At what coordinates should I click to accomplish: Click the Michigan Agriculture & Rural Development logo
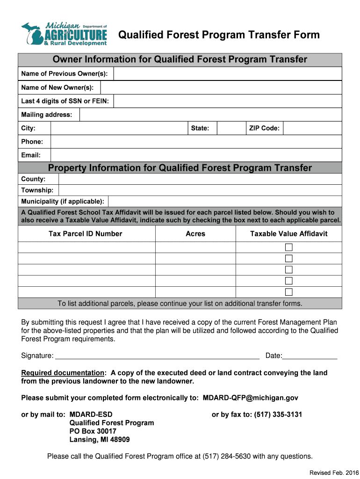(64, 34)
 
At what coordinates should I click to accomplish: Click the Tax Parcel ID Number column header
(86, 234)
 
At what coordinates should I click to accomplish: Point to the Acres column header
(195, 234)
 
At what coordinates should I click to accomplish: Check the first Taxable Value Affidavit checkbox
(289, 247)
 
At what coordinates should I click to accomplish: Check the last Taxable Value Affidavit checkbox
(289, 292)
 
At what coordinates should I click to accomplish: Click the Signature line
(157, 356)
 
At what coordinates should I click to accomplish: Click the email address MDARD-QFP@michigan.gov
(250, 398)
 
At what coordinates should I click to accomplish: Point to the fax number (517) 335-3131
(278, 414)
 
